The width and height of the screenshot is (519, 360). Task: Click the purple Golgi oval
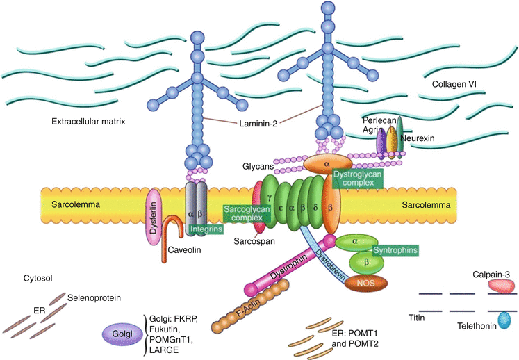tap(120, 334)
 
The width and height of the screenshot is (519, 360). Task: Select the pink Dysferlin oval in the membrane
tap(154, 219)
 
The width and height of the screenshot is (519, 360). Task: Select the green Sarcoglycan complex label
tap(242, 213)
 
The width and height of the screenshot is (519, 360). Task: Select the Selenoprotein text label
tap(94, 298)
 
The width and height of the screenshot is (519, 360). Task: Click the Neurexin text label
tap(417, 139)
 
